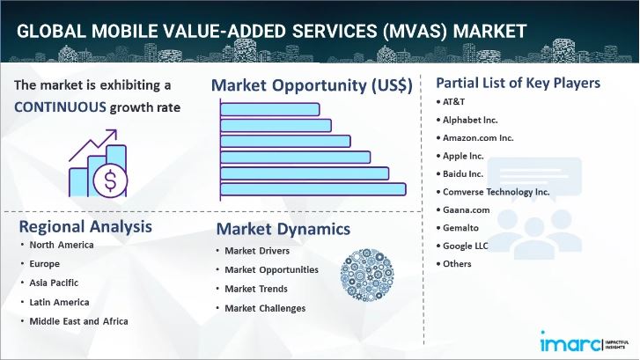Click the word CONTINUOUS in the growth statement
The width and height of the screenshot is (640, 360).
pyautogui.click(x=59, y=107)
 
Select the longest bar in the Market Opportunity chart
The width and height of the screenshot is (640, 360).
pyautogui.click(x=313, y=189)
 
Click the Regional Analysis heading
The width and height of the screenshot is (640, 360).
pyautogui.click(x=85, y=226)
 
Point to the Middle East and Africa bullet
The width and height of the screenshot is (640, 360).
pyautogui.click(x=78, y=320)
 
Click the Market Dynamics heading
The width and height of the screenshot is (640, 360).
pyautogui.click(x=283, y=230)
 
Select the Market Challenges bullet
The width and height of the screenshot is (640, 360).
pyautogui.click(x=265, y=308)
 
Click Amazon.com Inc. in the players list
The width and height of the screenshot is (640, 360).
pyautogui.click(x=479, y=138)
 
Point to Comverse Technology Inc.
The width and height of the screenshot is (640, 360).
pyautogui.click(x=497, y=191)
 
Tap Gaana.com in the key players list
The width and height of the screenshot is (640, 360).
pyautogui.click(x=467, y=210)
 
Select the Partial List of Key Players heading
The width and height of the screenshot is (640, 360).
pyautogui.click(x=519, y=84)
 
